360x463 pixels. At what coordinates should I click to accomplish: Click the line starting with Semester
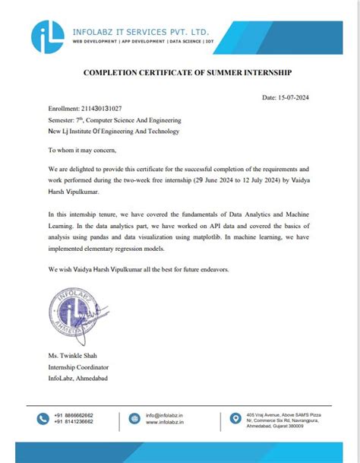[x=114, y=120]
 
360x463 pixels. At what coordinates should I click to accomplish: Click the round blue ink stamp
[x=74, y=313]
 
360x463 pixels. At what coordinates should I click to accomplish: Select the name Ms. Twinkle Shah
[x=71, y=357]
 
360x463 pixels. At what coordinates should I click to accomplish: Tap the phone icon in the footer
[x=40, y=417]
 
